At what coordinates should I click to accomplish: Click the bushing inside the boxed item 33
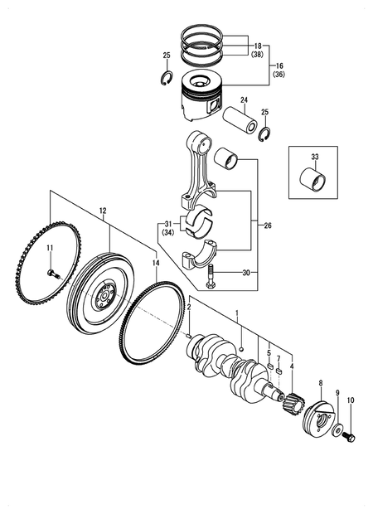click(x=313, y=177)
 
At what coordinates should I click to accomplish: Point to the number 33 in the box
click(x=314, y=156)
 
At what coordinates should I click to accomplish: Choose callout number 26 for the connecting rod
click(x=267, y=225)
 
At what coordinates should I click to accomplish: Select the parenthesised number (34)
click(x=167, y=234)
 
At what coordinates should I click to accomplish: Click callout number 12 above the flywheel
click(x=103, y=211)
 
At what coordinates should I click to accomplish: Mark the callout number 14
click(x=155, y=262)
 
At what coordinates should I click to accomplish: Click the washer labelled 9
click(x=337, y=429)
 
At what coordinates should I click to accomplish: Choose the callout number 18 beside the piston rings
click(x=258, y=46)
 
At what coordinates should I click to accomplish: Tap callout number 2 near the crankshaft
click(x=189, y=308)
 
